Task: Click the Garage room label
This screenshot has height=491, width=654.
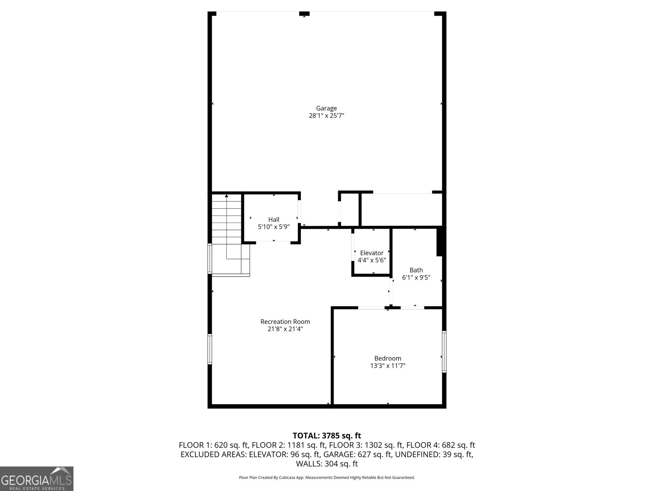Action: coord(326,108)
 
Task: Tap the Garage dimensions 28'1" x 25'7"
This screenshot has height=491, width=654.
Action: coord(326,116)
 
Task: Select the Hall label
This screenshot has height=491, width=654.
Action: coord(273,220)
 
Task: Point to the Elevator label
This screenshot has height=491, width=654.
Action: coord(372,253)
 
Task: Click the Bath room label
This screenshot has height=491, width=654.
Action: coord(416,270)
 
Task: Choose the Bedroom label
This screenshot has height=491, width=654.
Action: coord(387,358)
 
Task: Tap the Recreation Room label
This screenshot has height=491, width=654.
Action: coord(285,322)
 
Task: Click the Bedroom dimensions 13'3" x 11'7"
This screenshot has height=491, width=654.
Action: coord(387,366)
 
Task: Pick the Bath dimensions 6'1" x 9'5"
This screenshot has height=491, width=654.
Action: coord(416,277)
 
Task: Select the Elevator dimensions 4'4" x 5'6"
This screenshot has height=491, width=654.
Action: coord(372,260)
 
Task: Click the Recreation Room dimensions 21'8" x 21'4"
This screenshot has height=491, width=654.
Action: coord(285,329)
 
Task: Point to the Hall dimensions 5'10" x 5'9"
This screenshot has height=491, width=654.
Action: coord(273,227)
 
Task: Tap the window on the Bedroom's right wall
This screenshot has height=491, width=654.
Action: coord(444,352)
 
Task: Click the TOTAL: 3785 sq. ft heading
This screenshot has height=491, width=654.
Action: coord(327,436)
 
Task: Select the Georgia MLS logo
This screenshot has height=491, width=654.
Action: coord(36,479)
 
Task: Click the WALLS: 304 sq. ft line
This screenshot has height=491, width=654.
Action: coord(327,464)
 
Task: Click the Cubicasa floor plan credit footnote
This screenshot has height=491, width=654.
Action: coord(327,477)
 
